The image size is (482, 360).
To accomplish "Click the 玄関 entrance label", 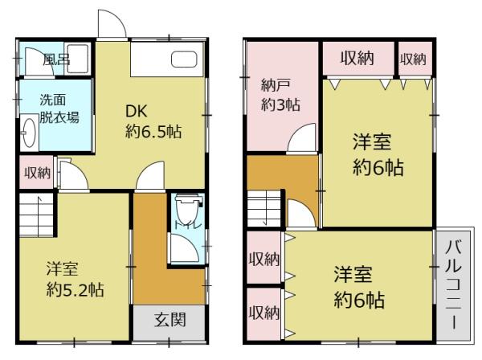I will [x=170, y=320].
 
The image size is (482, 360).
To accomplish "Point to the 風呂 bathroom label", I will [x=56, y=59].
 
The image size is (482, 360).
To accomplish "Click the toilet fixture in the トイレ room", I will [x=186, y=212].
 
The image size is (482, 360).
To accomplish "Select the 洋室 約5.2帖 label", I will [x=74, y=278].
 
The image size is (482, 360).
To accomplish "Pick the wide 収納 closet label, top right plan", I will [x=358, y=58].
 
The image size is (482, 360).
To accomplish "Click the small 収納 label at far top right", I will [x=412, y=58].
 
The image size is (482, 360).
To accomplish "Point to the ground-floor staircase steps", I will [x=34, y=217].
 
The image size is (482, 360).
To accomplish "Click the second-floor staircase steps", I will [x=263, y=210].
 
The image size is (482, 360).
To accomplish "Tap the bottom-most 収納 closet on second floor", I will [x=263, y=311].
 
